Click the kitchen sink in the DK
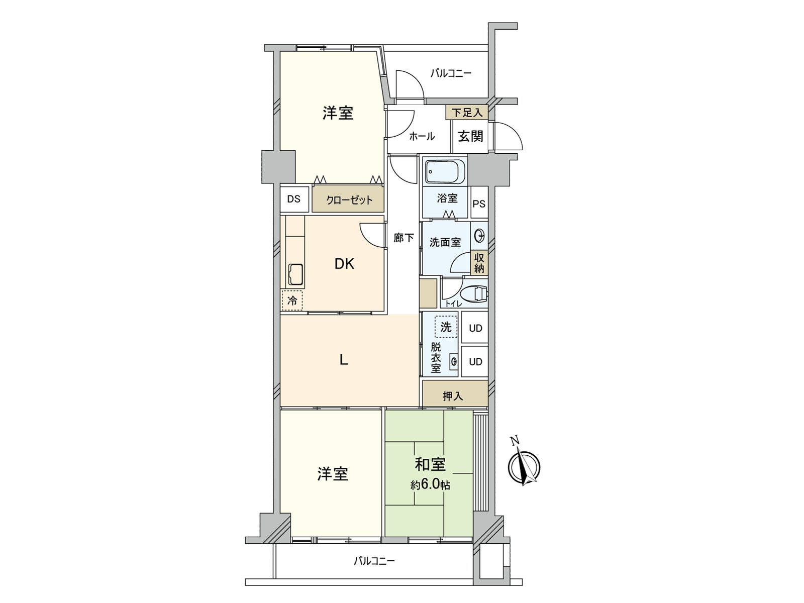click(x=295, y=274)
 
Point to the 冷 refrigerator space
click(x=292, y=300)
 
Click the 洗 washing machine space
click(x=446, y=327)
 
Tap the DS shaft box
click(x=294, y=199)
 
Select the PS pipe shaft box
click(x=479, y=204)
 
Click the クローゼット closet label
click(x=349, y=200)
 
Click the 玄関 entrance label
click(x=470, y=136)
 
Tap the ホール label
click(x=422, y=136)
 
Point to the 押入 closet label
click(x=453, y=396)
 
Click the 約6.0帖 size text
click(x=430, y=485)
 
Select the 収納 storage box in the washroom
click(x=479, y=263)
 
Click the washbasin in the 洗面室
click(x=480, y=235)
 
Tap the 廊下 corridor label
click(x=404, y=238)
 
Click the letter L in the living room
click(x=344, y=360)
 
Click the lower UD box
click(x=475, y=362)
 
